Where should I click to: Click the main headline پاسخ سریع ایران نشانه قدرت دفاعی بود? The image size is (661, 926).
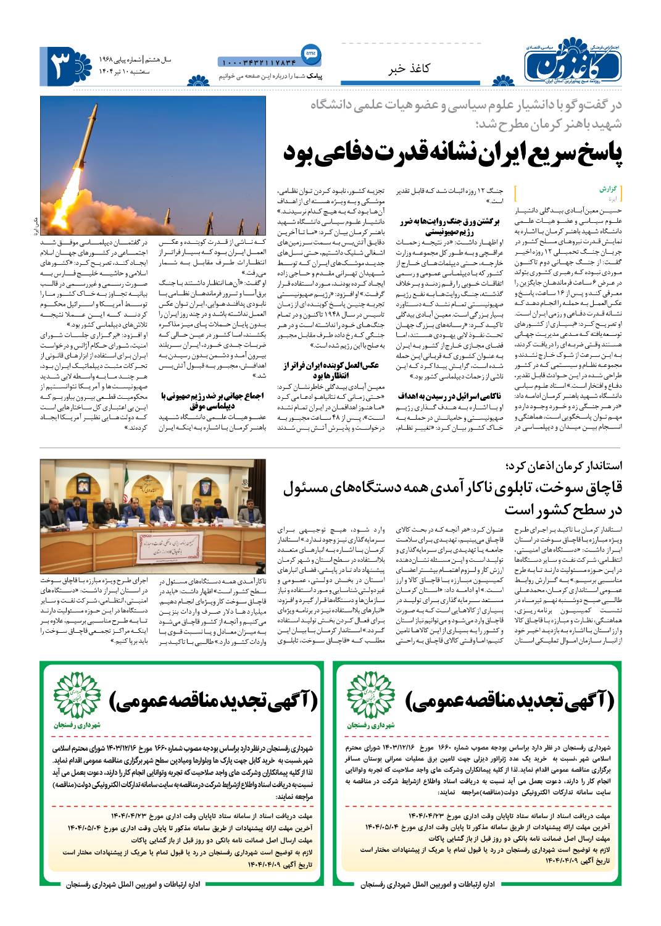(x=454, y=152)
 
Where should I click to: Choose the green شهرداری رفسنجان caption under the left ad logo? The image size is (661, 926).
(x=72, y=723)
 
